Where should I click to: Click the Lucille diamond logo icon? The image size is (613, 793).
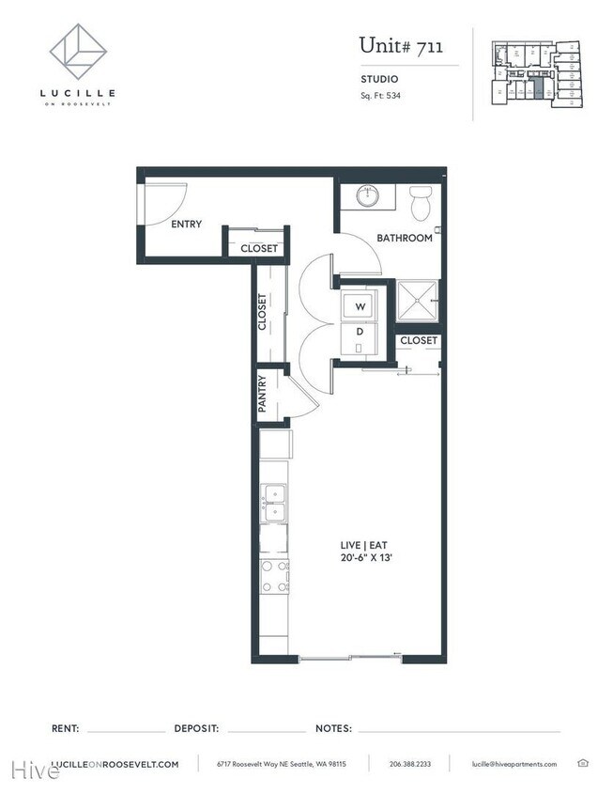tap(78, 53)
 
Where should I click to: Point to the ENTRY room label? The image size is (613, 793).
tap(186, 225)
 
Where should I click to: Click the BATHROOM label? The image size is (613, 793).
tap(405, 239)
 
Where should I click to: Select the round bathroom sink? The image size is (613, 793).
tap(365, 197)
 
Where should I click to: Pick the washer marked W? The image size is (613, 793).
tap(359, 306)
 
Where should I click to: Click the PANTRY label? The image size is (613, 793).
tap(264, 395)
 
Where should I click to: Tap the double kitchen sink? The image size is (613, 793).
tap(275, 503)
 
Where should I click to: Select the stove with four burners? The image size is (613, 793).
tap(275, 575)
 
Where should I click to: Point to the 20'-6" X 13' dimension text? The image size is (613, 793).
tap(366, 557)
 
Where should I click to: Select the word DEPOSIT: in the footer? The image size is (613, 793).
tap(196, 728)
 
